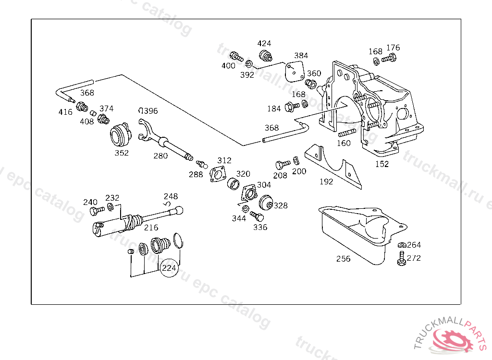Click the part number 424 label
pos(264,44)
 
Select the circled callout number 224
pos(169,268)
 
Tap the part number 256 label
pos(343,259)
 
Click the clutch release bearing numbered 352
pos(121,135)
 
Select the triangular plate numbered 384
pos(294,71)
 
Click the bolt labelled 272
pos(401,258)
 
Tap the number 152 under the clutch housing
pos(382,164)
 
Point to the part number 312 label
pos(224,160)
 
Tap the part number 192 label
pos(326,182)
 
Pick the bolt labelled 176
pos(389,60)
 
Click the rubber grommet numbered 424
pos(265,55)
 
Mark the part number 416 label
pos(65,112)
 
